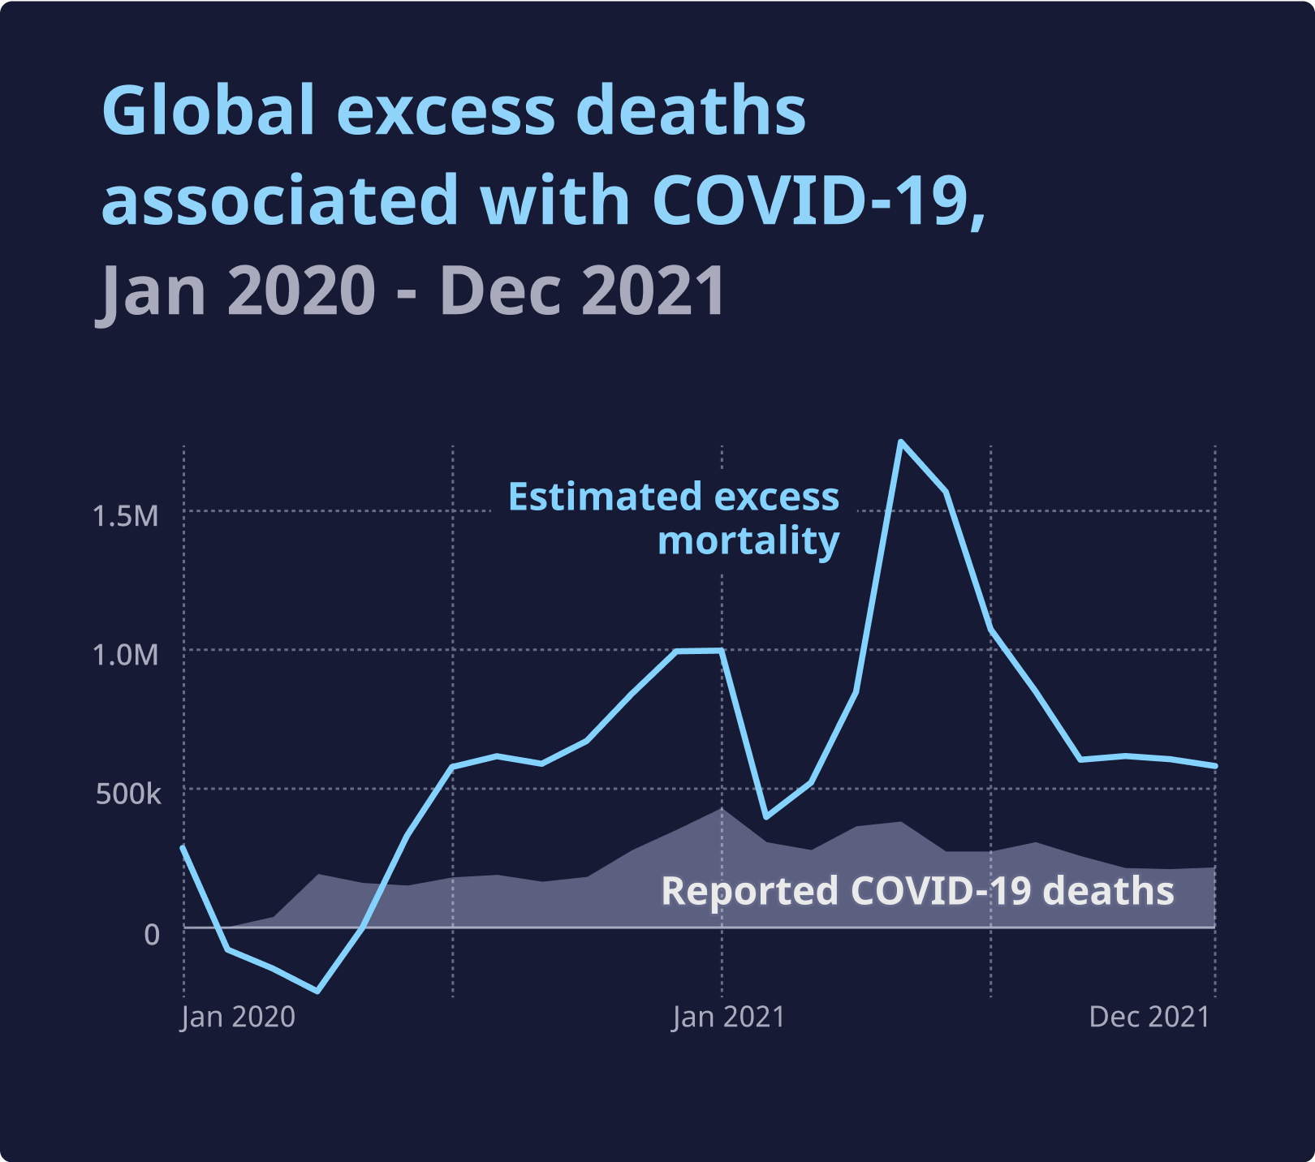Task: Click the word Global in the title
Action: click(208, 111)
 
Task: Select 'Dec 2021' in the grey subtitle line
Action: click(582, 290)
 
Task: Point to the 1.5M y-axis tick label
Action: click(125, 516)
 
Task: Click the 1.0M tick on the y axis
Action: click(125, 655)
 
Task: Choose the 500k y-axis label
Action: click(128, 794)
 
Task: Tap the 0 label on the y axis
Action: click(152, 934)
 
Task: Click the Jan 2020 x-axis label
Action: click(238, 1017)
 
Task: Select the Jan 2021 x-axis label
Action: click(728, 1017)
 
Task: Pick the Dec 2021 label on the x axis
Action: click(1149, 1017)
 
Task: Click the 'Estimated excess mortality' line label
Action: click(674, 519)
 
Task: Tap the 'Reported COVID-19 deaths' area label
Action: click(917, 891)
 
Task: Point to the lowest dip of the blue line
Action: click(317, 991)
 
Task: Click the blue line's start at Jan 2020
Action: click(183, 847)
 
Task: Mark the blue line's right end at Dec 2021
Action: click(1214, 766)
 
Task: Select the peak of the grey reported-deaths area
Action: click(721, 809)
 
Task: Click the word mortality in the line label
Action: click(748, 541)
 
